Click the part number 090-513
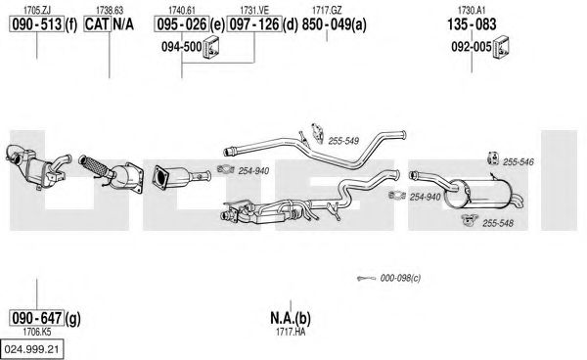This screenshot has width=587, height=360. click(37, 24)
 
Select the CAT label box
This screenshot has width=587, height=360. click(97, 24)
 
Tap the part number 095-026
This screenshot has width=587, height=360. click(182, 24)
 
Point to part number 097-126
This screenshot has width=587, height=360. click(254, 24)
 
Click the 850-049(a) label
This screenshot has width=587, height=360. click(334, 24)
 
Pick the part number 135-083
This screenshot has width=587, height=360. click(472, 24)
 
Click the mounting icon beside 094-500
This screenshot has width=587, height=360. click(211, 47)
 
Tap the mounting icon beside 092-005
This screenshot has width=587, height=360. click(501, 47)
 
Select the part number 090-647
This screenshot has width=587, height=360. click(37, 318)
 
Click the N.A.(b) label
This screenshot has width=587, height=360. click(291, 318)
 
